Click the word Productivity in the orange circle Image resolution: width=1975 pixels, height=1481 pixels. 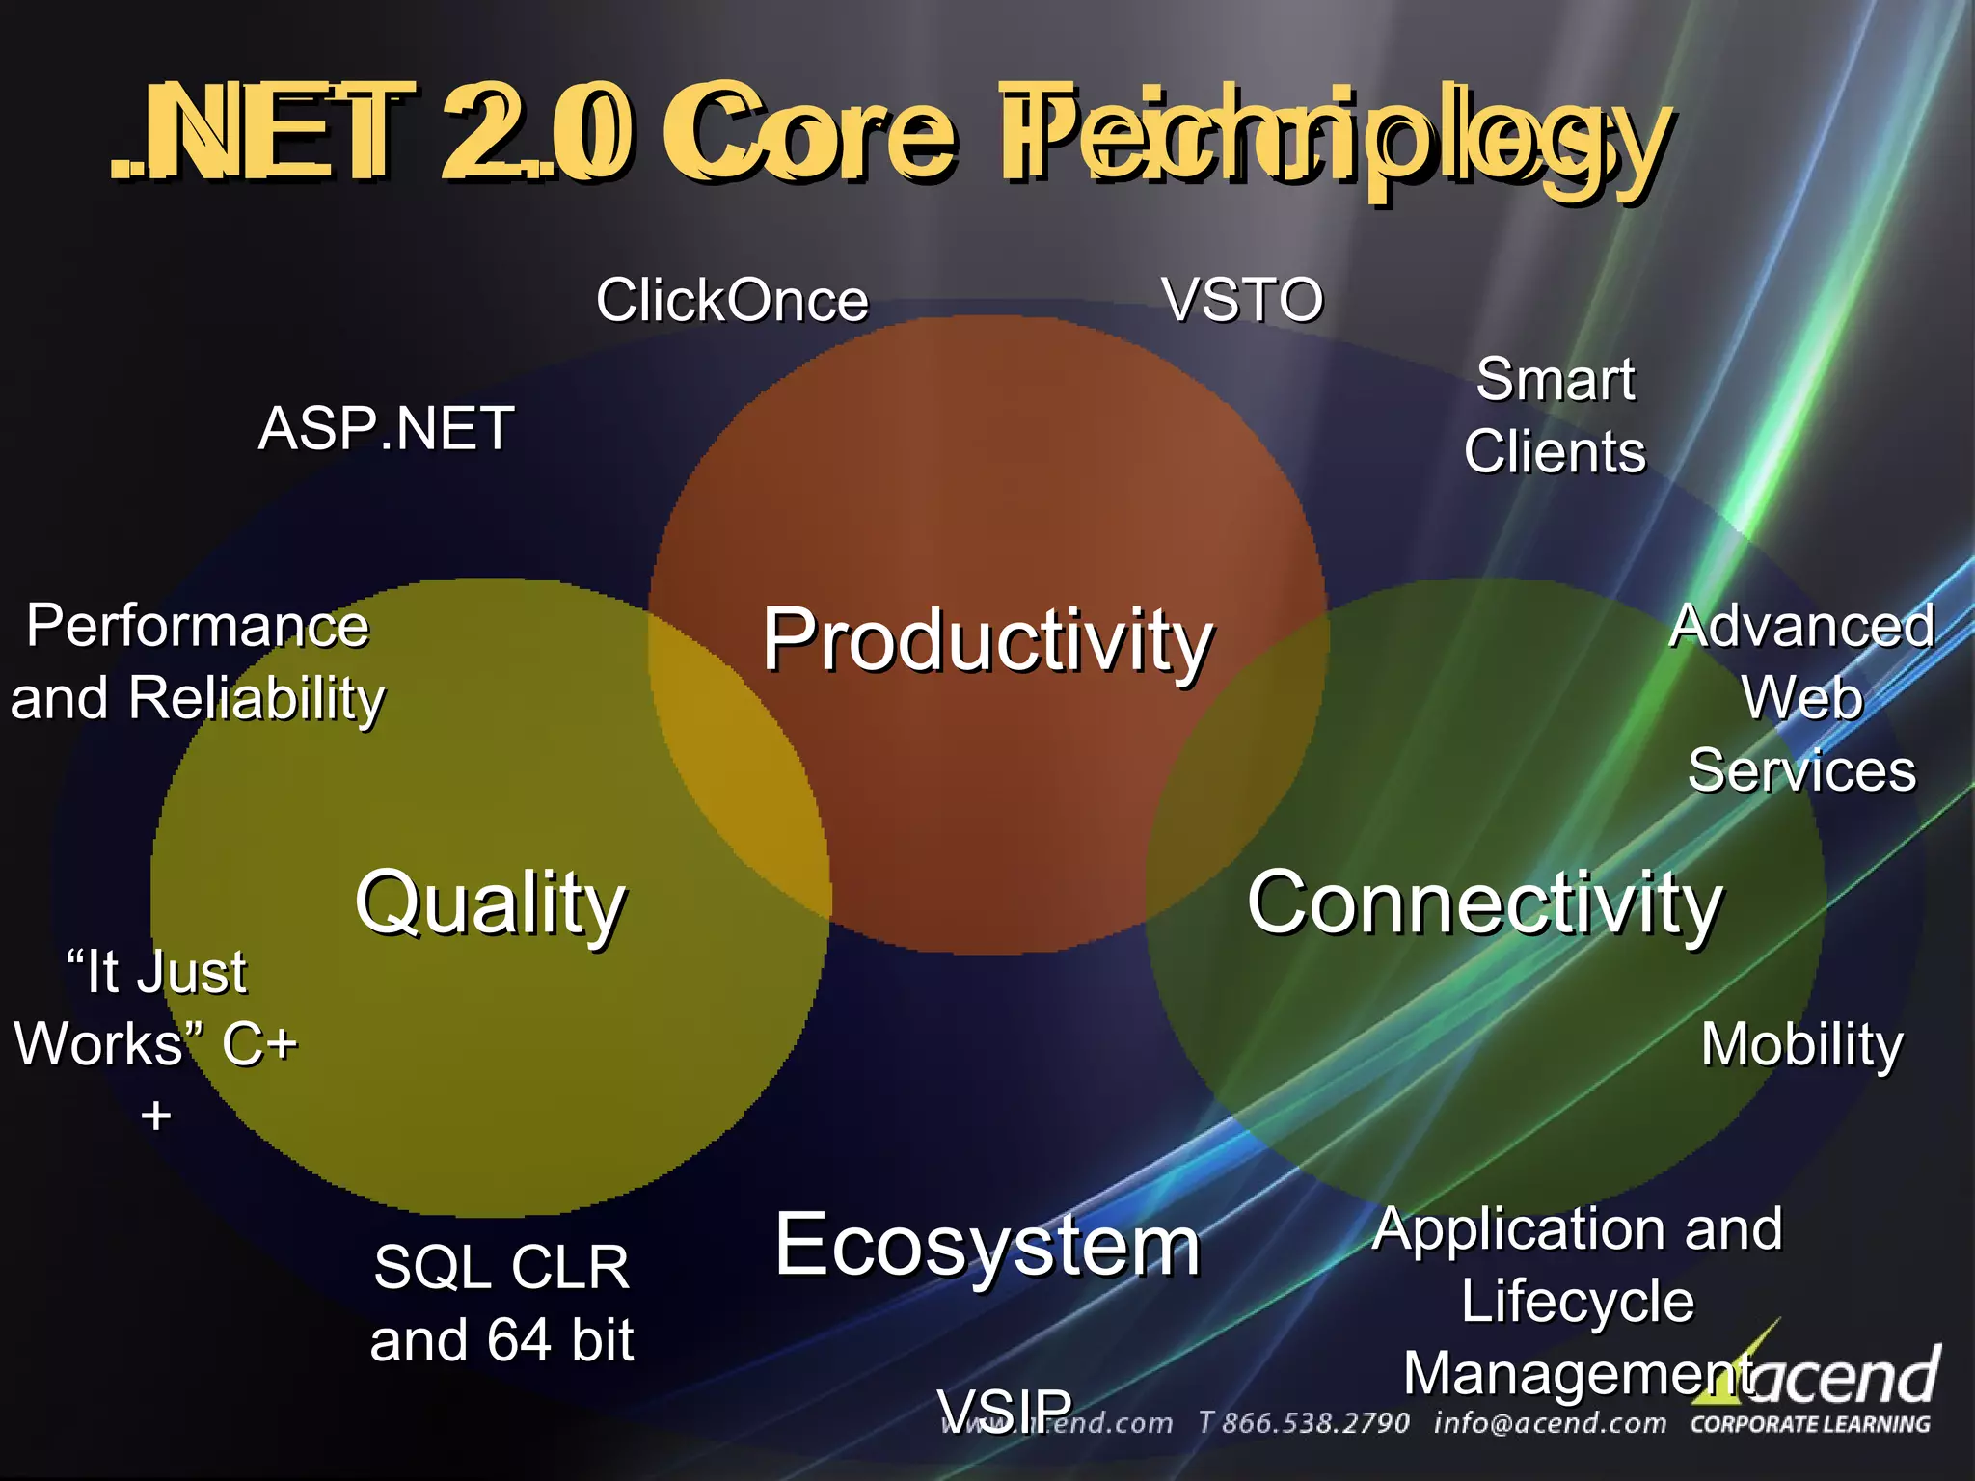point(987,641)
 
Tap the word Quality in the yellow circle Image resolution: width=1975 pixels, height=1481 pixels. point(490,904)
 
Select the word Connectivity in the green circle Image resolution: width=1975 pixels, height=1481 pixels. point(1484,904)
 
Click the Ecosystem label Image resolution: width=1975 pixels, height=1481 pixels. point(987,1246)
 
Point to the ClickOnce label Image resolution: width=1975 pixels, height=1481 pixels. point(732,300)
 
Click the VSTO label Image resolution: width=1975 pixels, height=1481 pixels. point(1242,300)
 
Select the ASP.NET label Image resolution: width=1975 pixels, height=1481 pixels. point(386,428)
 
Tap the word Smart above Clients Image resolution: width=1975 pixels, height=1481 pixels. point(1555,379)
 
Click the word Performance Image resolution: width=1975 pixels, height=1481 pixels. point(197,626)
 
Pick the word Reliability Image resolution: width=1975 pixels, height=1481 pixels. point(257,698)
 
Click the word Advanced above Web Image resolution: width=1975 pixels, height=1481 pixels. point(1801,626)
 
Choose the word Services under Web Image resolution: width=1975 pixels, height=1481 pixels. point(1801,770)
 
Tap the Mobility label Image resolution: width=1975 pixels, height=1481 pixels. point(1801,1044)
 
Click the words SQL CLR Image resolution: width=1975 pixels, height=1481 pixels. point(501,1267)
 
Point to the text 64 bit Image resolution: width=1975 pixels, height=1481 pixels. point(560,1340)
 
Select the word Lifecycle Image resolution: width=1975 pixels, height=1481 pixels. point(1578,1301)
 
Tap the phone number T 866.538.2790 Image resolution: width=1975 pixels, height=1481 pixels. point(1303,1423)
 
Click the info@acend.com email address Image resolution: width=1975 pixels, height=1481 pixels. point(1550,1423)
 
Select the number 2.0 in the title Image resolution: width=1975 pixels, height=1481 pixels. point(536,133)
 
